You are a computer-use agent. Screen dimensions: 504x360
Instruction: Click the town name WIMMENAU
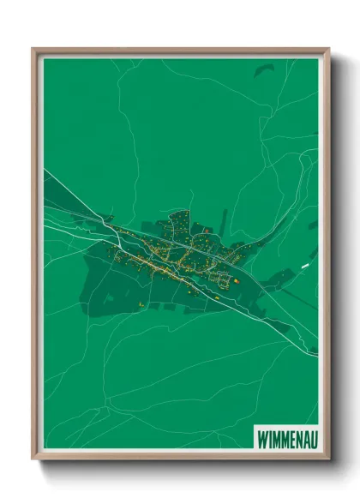(x=285, y=437)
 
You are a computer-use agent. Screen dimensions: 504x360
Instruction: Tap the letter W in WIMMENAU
(x=261, y=437)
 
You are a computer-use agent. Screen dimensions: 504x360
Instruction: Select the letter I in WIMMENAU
(x=269, y=437)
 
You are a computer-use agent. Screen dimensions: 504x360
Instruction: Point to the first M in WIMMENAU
(x=275, y=437)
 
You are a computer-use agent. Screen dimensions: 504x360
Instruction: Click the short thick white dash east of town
(x=304, y=267)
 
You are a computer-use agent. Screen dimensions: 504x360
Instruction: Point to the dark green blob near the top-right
(x=263, y=70)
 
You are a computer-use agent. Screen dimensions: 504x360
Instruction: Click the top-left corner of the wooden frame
(x=33, y=49)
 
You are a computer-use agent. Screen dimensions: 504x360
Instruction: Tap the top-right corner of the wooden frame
(x=328, y=49)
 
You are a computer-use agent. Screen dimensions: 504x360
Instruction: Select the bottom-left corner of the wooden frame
(x=33, y=459)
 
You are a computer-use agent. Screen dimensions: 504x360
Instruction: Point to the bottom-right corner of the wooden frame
(x=328, y=459)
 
